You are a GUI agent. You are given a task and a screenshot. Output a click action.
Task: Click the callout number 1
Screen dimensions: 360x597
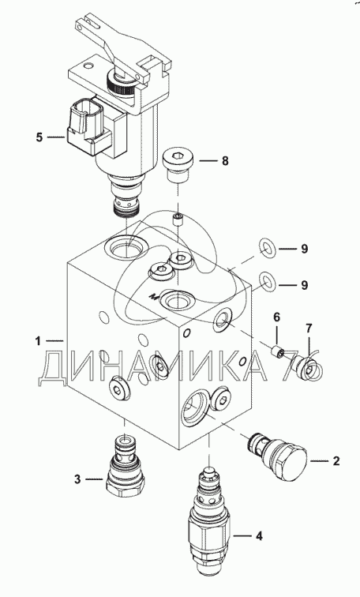click(38, 341)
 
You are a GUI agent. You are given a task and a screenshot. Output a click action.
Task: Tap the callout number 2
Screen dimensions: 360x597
click(336, 461)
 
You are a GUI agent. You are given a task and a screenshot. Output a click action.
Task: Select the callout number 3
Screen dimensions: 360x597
click(77, 479)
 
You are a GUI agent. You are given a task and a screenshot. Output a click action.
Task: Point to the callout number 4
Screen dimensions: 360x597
click(259, 536)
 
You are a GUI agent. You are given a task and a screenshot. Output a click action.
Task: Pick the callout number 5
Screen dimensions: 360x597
click(39, 137)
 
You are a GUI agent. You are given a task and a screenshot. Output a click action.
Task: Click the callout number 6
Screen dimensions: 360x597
click(276, 317)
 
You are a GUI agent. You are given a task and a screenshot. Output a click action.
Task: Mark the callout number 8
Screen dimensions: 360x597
click(225, 161)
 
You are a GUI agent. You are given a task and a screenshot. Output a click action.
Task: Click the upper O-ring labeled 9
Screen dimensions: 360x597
click(268, 246)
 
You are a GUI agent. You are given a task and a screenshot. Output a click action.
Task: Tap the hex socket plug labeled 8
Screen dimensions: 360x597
click(178, 166)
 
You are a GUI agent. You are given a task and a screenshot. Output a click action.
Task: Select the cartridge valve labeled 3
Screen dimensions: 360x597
click(125, 467)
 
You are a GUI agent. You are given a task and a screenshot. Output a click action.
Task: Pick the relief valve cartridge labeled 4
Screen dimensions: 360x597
click(209, 524)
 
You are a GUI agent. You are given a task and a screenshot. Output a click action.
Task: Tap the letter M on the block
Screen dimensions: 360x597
click(154, 295)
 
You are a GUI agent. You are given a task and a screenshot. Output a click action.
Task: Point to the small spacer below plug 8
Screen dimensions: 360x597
click(178, 220)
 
